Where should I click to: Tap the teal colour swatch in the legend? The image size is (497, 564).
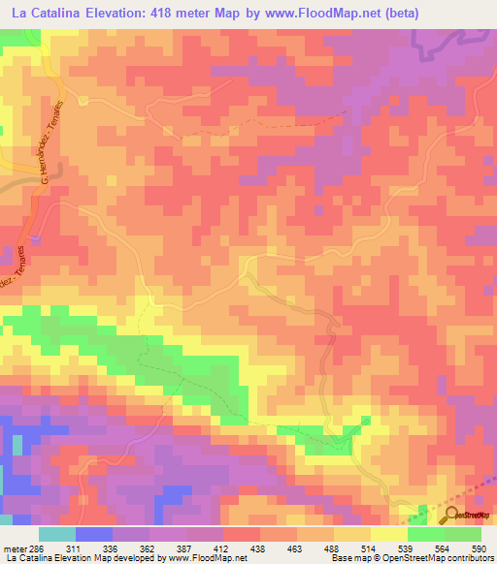[56, 535]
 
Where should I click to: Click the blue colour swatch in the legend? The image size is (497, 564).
[93, 535]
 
